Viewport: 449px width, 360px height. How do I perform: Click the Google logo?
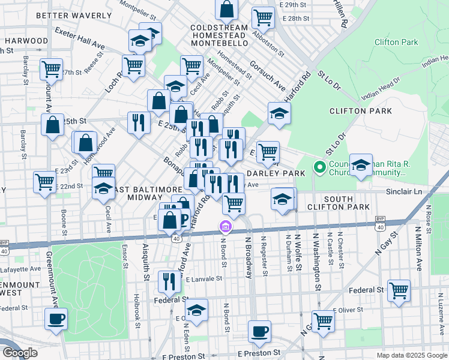coord(20,353)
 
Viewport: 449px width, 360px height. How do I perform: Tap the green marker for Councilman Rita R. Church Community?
coord(320,167)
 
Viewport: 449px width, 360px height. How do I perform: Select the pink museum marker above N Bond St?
coord(225,227)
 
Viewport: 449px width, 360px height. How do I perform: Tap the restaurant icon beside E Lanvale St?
coord(169,281)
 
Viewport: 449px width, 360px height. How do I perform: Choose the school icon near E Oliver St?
coord(196,310)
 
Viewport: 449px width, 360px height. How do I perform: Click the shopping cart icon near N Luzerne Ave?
coord(399,290)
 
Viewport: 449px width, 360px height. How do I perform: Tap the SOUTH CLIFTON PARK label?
coord(355,203)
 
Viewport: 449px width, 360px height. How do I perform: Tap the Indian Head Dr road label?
coord(382,91)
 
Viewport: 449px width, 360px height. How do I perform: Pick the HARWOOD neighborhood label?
coord(26,41)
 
